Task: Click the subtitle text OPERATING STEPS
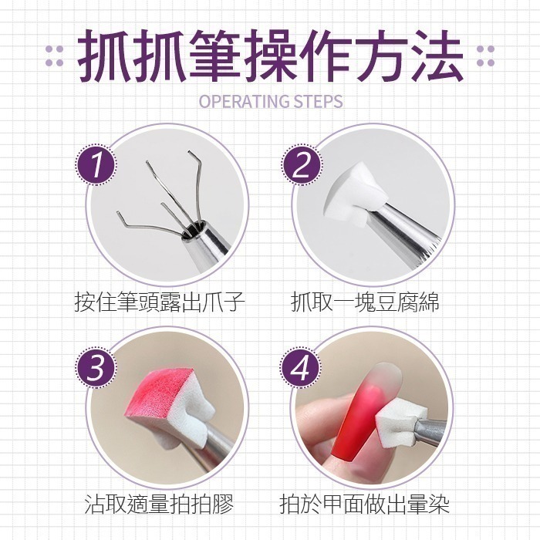click(x=270, y=101)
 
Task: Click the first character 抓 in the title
click(x=108, y=56)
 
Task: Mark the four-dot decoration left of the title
click(x=54, y=56)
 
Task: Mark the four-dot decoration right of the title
click(x=485, y=56)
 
